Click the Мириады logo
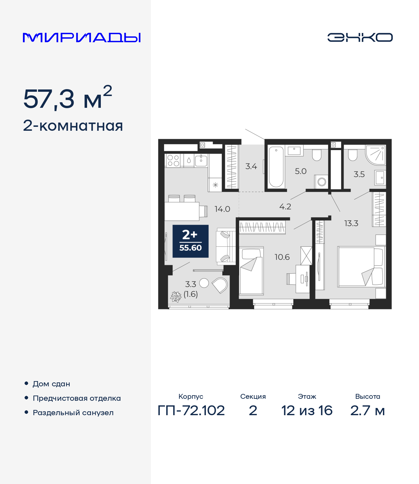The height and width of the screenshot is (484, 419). click(x=82, y=37)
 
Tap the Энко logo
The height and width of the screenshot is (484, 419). click(x=360, y=37)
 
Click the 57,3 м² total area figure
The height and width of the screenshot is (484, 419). click(x=67, y=98)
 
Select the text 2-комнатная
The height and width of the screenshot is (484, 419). click(x=73, y=126)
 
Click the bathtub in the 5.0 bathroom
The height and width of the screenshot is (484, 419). click(x=276, y=167)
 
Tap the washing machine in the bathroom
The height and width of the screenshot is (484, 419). click(x=322, y=182)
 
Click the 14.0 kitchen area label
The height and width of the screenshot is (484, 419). click(x=222, y=209)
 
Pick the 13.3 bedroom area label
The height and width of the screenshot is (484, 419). click(x=351, y=223)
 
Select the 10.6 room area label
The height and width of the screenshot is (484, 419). click(x=282, y=257)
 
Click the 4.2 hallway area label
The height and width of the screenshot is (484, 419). click(x=285, y=207)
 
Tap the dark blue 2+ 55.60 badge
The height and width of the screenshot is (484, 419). click(x=191, y=241)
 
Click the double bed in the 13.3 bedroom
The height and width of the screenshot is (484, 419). click(x=360, y=267)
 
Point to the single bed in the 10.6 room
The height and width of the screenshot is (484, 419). click(x=251, y=271)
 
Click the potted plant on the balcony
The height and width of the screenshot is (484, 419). click(x=176, y=297)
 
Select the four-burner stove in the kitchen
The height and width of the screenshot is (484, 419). click(x=173, y=161)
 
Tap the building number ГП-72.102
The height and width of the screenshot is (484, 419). click(x=191, y=411)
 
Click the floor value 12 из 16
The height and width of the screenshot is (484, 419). click(x=307, y=411)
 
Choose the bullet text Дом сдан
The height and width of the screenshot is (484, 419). click(x=51, y=384)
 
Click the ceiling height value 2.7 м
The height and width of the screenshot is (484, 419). click(x=367, y=411)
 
